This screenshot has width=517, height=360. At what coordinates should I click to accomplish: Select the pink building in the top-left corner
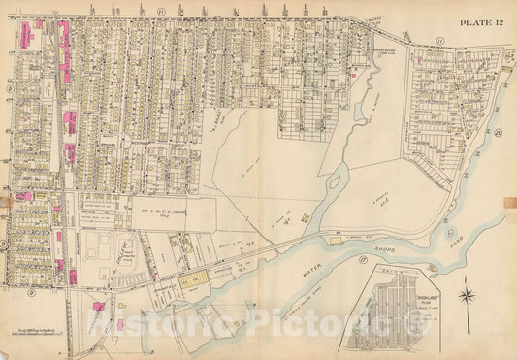click(21, 37)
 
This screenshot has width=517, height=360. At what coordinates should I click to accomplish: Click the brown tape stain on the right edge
click(509, 202)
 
